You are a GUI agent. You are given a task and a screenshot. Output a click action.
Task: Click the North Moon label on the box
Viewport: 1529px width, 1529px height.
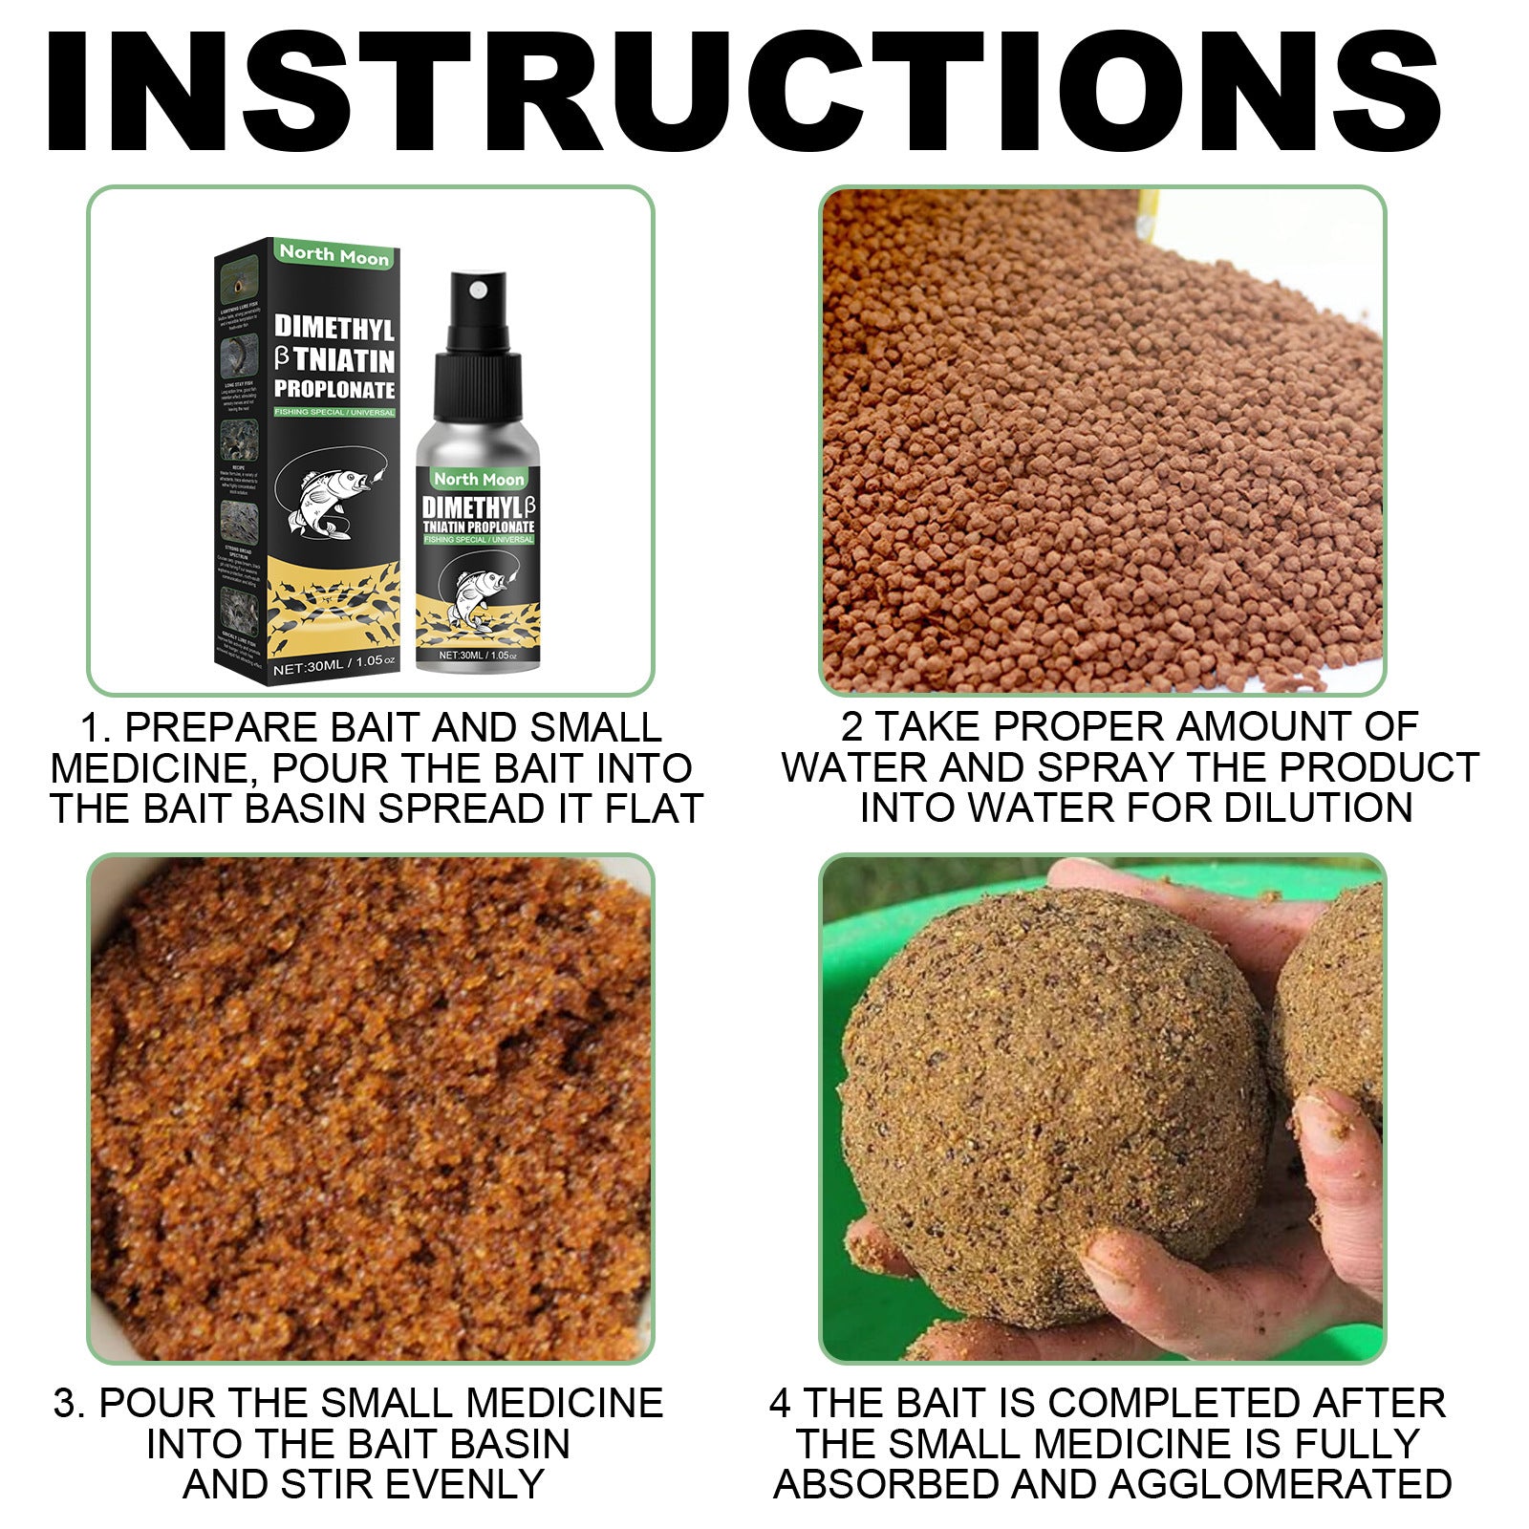point(334,255)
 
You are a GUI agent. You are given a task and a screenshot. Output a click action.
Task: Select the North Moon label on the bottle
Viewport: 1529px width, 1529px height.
point(479,478)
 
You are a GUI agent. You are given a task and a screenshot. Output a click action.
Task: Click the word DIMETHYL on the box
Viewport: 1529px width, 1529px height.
point(334,327)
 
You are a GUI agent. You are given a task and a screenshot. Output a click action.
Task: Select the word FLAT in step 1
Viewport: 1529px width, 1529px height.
point(654,809)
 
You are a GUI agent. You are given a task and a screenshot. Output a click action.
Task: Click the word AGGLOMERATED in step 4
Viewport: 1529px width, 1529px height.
point(1280,1485)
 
